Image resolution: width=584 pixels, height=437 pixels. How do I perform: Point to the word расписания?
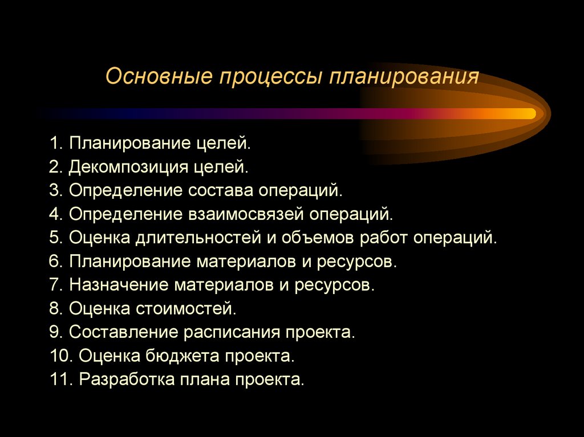click(234, 333)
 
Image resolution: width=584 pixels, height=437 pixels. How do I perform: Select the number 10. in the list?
click(60, 357)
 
